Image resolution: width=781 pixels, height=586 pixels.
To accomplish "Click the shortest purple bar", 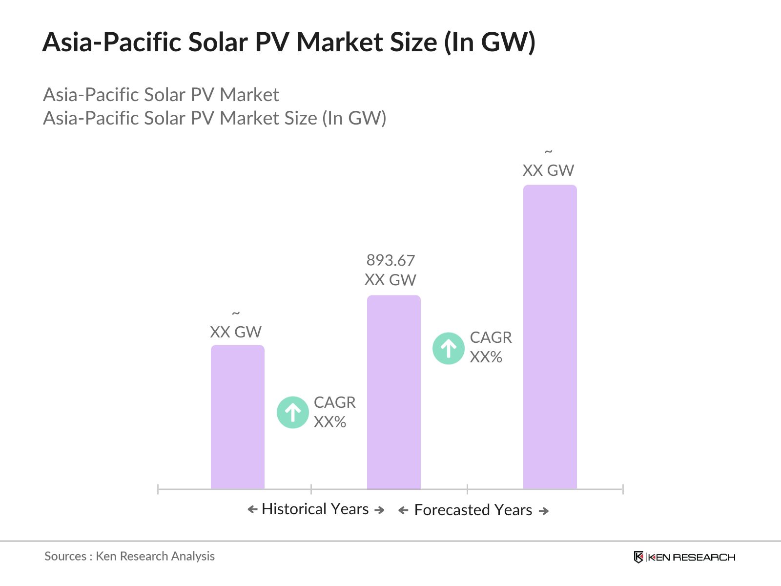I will tap(237, 418).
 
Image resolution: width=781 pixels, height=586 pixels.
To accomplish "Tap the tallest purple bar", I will tap(550, 337).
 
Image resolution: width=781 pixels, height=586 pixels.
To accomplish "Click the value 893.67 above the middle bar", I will tap(390, 260).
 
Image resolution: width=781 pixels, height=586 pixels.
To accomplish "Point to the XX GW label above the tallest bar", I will tap(548, 170).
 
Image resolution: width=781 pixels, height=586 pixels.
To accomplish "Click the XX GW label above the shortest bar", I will tap(236, 332).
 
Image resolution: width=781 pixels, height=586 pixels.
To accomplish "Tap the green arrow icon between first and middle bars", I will tap(293, 412).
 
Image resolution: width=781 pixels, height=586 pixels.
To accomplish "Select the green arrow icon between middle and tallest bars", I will tap(448, 348).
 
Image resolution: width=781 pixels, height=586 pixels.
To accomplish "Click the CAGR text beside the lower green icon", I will tap(334, 402).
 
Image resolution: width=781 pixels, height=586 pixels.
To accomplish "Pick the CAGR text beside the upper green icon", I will tap(491, 337).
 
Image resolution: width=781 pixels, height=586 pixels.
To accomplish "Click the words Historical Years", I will tap(315, 509).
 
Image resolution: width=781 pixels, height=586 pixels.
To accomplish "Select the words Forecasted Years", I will tap(473, 510).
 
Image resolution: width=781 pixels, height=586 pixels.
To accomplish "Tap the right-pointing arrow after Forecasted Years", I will tap(544, 511).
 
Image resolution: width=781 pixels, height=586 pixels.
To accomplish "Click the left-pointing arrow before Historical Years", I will tap(252, 510).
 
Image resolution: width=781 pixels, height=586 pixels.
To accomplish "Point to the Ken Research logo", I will tap(684, 557).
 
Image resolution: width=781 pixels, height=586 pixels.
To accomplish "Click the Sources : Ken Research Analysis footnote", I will tap(129, 556).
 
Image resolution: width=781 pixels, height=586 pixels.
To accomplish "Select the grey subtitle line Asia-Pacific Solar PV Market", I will tap(161, 95).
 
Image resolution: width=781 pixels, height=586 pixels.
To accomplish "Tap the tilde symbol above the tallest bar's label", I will tap(549, 152).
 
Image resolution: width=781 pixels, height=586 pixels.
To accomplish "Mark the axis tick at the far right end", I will tap(623, 489).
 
